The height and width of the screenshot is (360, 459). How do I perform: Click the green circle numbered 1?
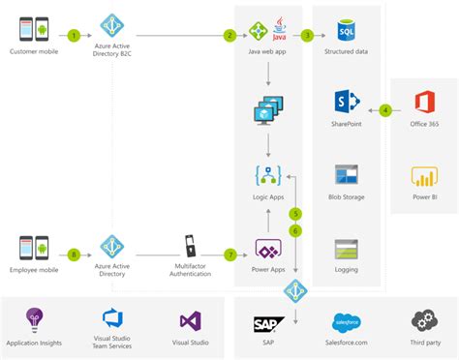[x=75, y=35]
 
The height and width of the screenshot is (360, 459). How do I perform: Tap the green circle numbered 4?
[x=385, y=109]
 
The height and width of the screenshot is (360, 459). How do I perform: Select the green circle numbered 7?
[x=229, y=255]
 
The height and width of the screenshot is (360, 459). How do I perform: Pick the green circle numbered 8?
[x=75, y=255]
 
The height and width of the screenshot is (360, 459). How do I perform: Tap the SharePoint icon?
[x=347, y=103]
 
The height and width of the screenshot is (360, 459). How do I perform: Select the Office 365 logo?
[x=424, y=103]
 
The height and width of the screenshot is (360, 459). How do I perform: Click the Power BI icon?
[x=424, y=177]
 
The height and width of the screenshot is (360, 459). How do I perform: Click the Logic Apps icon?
[x=267, y=176]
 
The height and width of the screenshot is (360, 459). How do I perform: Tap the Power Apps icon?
[x=267, y=249]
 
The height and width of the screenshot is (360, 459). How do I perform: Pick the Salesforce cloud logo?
[x=347, y=323]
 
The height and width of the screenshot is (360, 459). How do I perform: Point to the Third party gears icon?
[x=424, y=321]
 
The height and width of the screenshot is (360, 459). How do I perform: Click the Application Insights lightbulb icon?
[x=36, y=320]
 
